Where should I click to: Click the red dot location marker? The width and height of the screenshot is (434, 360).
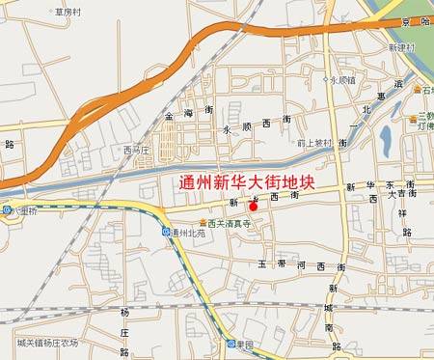[x=253, y=206]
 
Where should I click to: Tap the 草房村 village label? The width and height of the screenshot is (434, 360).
[x=68, y=13]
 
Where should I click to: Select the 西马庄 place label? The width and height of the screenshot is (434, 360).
[x=137, y=150]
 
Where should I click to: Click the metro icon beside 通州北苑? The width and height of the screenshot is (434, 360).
[x=166, y=233]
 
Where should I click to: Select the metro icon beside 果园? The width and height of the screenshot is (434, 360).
[x=231, y=345]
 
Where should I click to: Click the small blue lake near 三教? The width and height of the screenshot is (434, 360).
[x=387, y=141]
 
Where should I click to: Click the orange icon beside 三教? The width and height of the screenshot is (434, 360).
[x=418, y=90]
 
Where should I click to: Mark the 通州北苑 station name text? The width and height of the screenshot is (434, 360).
[x=187, y=234]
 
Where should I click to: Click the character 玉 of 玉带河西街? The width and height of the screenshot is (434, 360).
[x=261, y=263]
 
